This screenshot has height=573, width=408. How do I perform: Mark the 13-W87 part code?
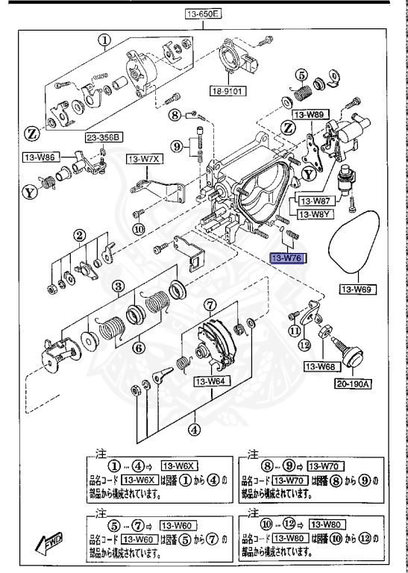316,201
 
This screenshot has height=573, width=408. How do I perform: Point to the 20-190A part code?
357,383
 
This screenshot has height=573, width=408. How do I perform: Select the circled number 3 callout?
118,286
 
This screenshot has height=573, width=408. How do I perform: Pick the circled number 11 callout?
297,330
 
